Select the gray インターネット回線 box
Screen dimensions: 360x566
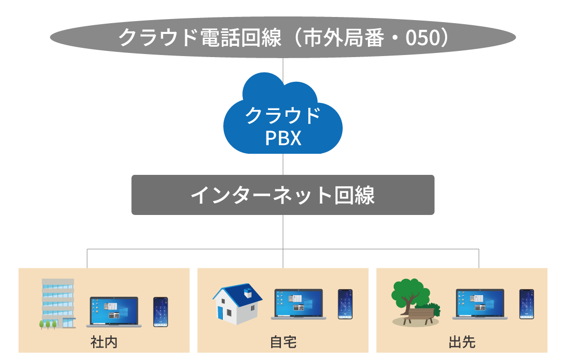click(283, 195)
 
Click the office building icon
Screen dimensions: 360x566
click(57, 303)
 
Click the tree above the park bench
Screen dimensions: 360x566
click(409, 293)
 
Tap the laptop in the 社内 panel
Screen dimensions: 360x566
click(114, 312)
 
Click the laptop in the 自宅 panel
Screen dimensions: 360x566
click(298, 304)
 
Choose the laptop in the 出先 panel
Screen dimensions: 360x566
click(480, 304)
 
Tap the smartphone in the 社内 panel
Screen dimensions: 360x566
click(161, 312)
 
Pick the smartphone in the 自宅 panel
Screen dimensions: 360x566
click(345, 304)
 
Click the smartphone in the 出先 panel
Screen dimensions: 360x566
click(526, 304)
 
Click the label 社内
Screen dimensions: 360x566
click(104, 342)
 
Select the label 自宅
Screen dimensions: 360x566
click(283, 342)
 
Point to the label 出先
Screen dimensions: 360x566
click(462, 342)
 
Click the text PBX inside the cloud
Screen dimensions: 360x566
click(283, 138)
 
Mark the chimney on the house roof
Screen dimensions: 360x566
click(249, 293)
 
